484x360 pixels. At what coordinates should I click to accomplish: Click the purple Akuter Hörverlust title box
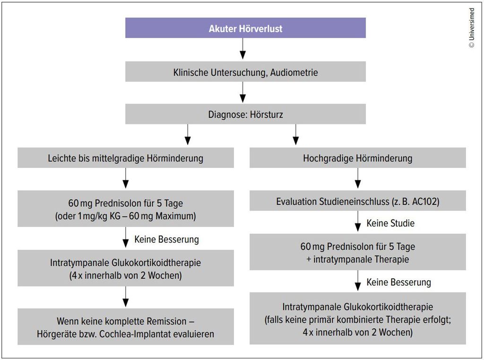[245, 28]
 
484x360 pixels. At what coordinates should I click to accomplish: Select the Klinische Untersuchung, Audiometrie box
[245, 71]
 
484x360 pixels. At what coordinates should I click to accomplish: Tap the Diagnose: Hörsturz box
[245, 114]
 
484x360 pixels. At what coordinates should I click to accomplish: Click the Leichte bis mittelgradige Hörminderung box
[126, 158]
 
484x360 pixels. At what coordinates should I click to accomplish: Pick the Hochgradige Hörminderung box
[358, 158]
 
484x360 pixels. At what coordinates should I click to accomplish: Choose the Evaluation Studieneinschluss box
[358, 201]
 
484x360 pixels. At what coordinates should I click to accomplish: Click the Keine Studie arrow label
[390, 223]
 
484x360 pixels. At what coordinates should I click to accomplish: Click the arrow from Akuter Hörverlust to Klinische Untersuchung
[243, 49]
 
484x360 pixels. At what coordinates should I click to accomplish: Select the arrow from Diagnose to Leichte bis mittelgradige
[188, 134]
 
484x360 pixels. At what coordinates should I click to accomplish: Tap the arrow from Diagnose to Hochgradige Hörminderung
[296, 134]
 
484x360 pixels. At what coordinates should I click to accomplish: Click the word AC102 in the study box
[424, 202]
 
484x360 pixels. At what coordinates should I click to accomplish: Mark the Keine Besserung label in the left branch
[167, 239]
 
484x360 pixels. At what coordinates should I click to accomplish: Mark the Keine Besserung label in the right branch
[399, 282]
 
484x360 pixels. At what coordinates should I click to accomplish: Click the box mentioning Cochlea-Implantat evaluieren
[126, 326]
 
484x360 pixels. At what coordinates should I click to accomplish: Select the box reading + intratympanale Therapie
[358, 252]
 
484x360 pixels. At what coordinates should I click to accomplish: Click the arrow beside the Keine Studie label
[358, 221]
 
